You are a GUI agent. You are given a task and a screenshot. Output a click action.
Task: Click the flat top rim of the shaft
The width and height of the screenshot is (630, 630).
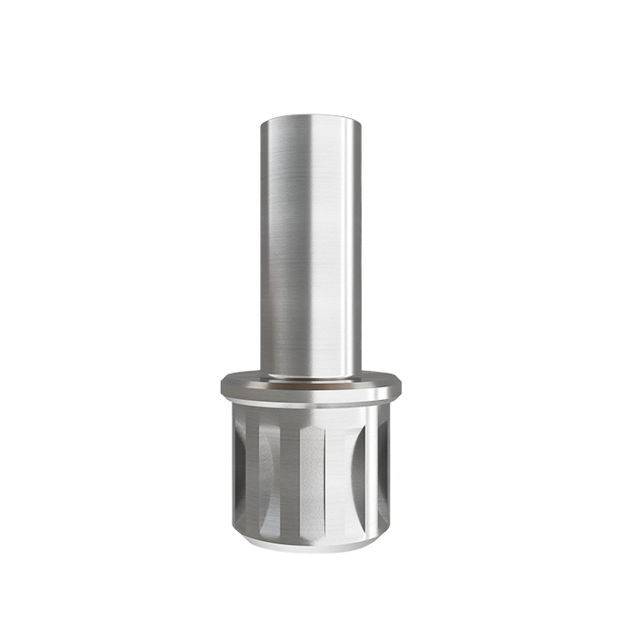pos(310,116)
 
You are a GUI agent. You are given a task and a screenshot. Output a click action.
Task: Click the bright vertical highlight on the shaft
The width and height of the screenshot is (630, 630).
pos(320,247)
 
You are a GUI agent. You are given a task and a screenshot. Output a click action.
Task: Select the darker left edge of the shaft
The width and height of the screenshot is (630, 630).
pos(266,247)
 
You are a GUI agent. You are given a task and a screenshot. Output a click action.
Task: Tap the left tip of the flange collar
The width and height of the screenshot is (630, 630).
pos(222,387)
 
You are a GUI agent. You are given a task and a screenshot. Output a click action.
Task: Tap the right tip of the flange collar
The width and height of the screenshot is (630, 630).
pos(400,387)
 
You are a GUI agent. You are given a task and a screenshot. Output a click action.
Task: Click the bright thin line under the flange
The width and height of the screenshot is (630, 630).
pos(310,402)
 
